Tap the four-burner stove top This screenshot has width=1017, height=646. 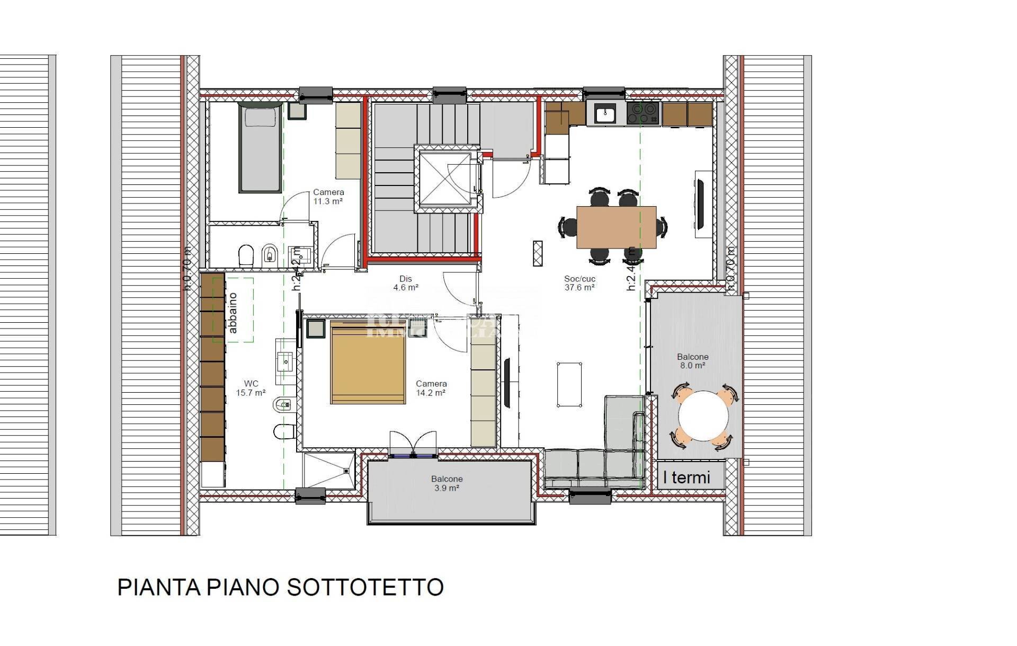pyautogui.click(x=643, y=113)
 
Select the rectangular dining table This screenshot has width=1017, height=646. pyautogui.click(x=616, y=227)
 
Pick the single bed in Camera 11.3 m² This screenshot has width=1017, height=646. pyautogui.click(x=259, y=148)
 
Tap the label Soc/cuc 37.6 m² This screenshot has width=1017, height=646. pyautogui.click(x=579, y=283)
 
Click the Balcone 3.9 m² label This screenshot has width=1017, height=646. pyautogui.click(x=447, y=483)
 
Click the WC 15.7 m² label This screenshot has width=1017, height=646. pyautogui.click(x=251, y=388)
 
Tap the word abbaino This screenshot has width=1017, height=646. pyautogui.click(x=233, y=313)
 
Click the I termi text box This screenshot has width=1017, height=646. pyautogui.click(x=686, y=477)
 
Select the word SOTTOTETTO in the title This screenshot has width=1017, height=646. pyautogui.click(x=365, y=587)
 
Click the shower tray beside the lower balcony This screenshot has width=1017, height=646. pyautogui.click(x=328, y=470)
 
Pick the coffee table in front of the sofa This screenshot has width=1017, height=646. pyautogui.click(x=569, y=384)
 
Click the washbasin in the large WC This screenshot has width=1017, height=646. pyautogui.click(x=286, y=362)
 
